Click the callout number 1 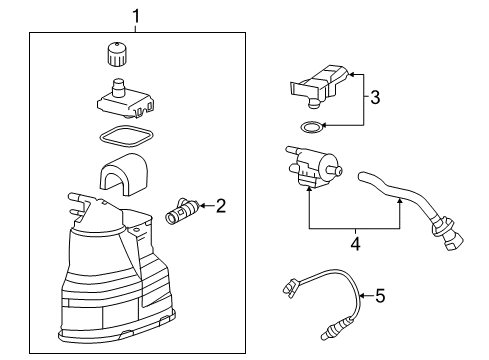pos(137,17)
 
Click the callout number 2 pos(220,207)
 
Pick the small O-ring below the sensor pos(312,127)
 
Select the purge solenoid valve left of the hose pos(313,168)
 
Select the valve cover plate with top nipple pos(125,98)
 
